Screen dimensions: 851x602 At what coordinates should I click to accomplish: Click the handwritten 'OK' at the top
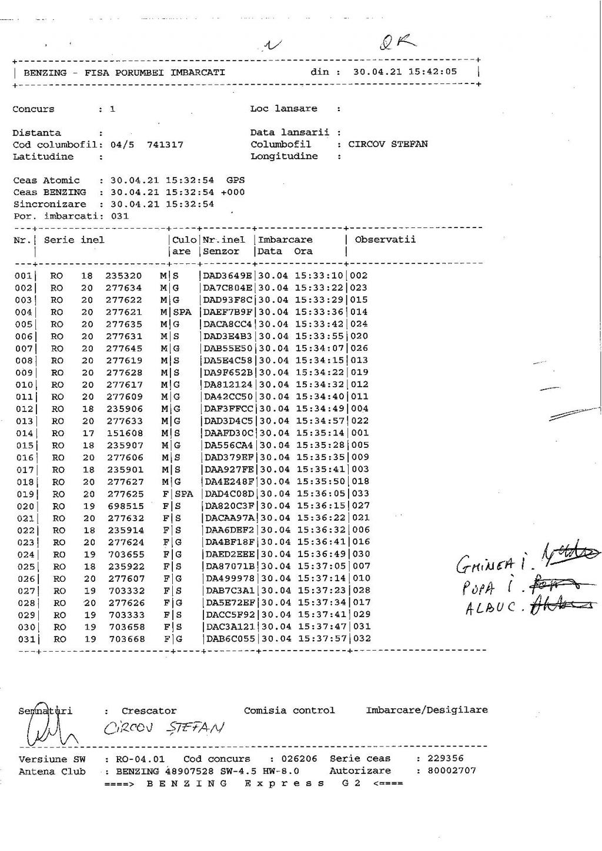[398, 42]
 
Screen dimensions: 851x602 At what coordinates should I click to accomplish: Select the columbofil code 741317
[165, 145]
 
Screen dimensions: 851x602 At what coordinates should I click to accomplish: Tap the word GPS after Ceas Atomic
[235, 180]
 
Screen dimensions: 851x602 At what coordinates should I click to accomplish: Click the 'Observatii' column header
[385, 240]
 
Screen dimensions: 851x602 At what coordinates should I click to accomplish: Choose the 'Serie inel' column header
[74, 240]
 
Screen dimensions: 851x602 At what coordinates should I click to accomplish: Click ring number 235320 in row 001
[123, 276]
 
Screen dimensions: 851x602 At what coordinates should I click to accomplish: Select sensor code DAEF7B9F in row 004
[228, 312]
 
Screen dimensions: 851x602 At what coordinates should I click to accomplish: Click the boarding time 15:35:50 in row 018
[321, 482]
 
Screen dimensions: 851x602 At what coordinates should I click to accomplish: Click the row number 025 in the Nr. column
[24, 567]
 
